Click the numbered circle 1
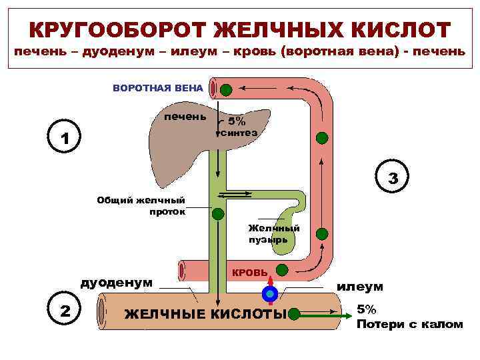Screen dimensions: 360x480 coord(64,139)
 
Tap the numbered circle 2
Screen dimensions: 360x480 coord(64,309)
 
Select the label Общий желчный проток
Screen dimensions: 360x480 coord(141,205)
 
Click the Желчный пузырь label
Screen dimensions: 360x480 coord(274,233)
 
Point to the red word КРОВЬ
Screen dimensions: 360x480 coord(249,273)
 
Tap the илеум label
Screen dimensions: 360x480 coord(360,286)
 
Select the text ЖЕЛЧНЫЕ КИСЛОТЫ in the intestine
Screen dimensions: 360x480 coord(205,314)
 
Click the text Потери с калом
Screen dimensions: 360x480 coord(409,324)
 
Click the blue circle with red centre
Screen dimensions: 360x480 coord(269,293)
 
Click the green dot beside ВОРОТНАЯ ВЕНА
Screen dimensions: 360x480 coord(227,89)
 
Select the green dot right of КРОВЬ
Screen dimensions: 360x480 coord(282,270)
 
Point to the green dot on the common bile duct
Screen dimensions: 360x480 coord(218,213)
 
